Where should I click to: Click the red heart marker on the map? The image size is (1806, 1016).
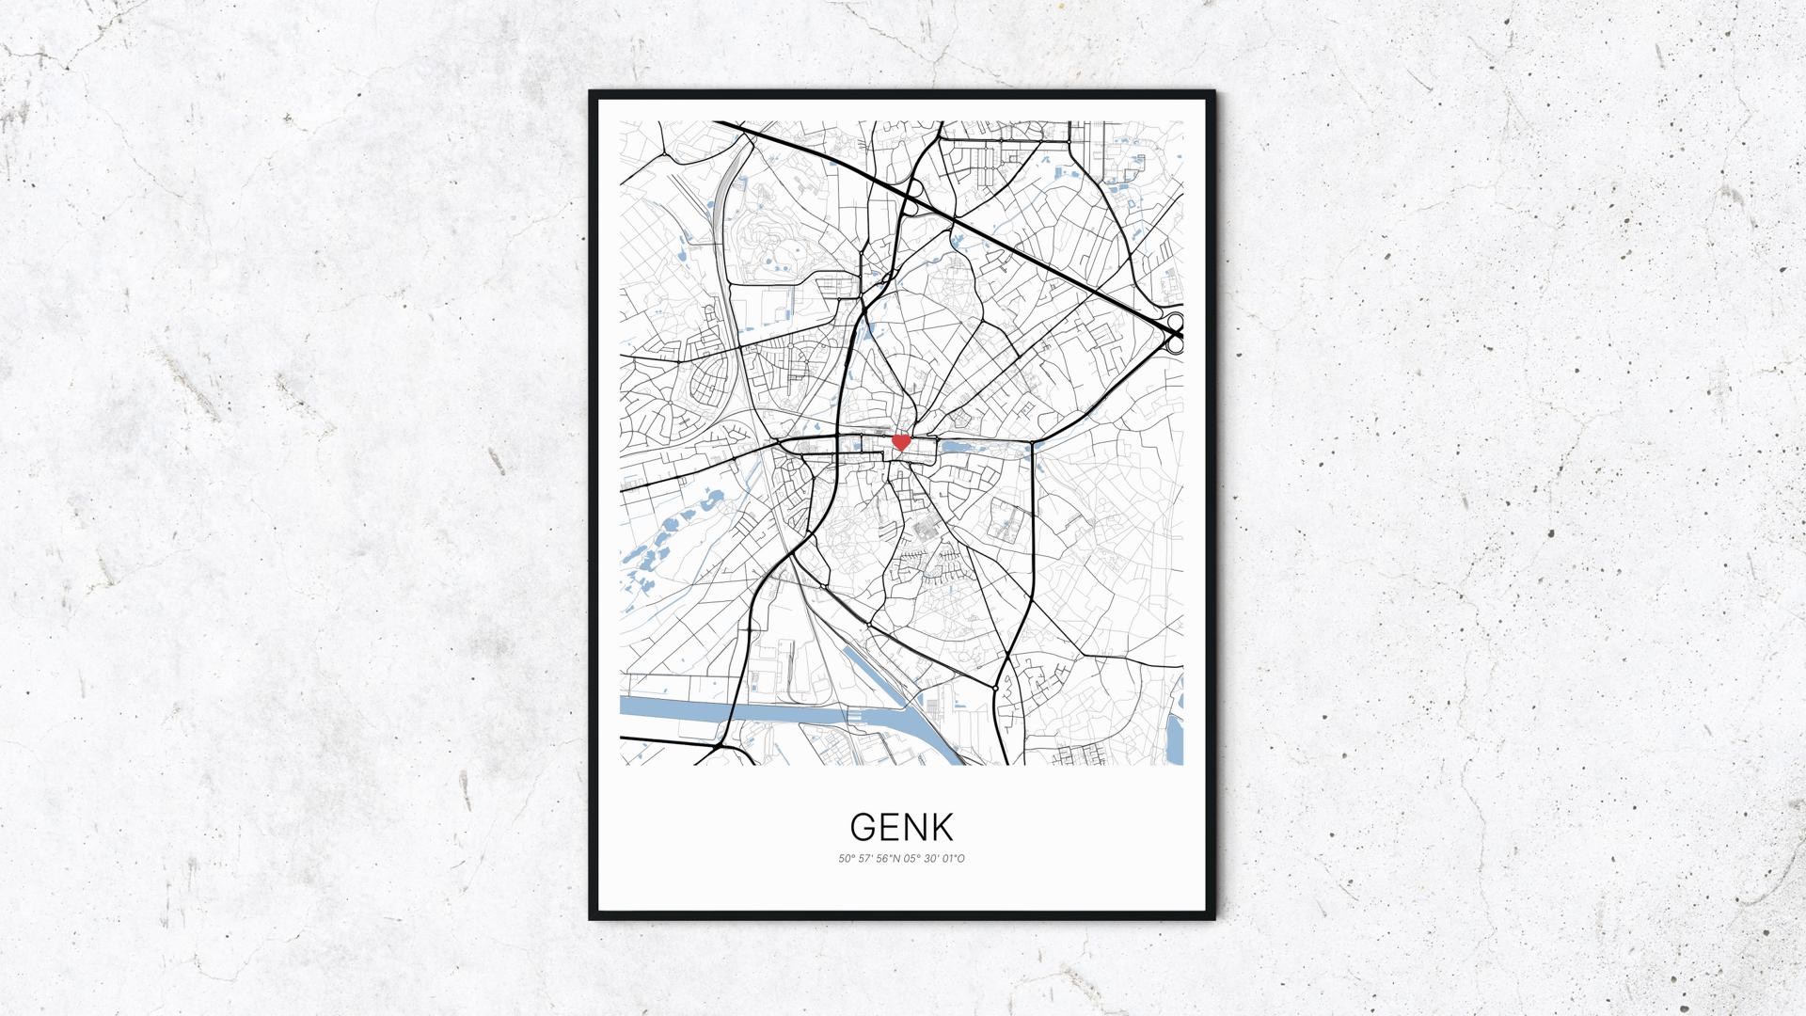(x=900, y=440)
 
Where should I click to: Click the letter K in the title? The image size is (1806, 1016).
(x=943, y=827)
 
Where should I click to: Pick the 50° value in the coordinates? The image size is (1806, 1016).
(x=846, y=859)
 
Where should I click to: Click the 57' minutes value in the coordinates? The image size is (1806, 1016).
(x=865, y=859)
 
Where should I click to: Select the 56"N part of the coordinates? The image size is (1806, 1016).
(x=889, y=859)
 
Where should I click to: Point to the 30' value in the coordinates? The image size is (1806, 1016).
(x=933, y=859)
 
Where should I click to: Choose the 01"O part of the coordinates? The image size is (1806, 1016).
(x=954, y=859)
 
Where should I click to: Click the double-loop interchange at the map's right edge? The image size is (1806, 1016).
(x=1175, y=334)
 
